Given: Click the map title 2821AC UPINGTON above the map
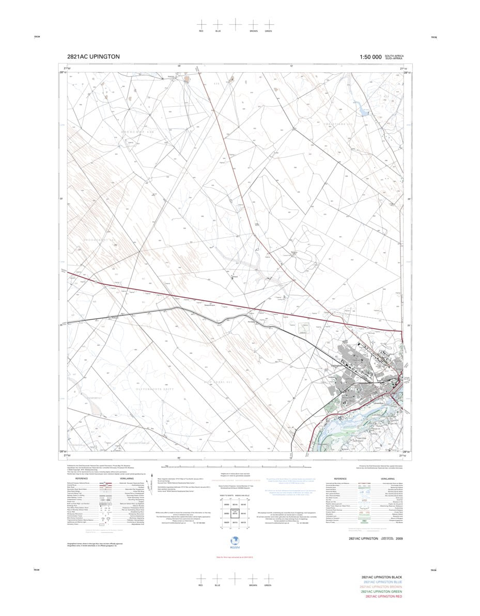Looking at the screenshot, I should tap(94, 57).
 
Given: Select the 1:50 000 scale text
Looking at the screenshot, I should tap(370, 57).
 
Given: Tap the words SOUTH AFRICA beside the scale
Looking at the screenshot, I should tap(394, 56).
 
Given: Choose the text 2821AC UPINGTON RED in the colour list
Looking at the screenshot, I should tap(383, 596).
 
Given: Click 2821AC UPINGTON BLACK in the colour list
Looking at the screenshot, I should tap(382, 577).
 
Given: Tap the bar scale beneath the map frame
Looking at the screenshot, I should tap(238, 466).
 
